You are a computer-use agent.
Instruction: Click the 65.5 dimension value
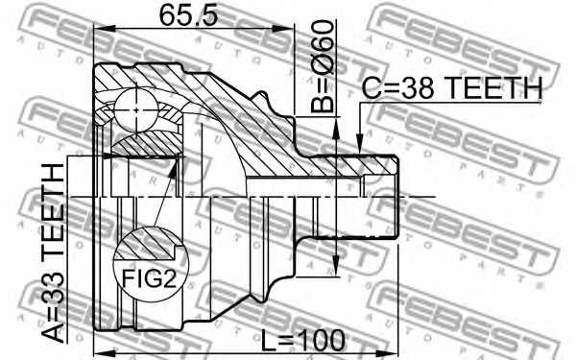[x=188, y=15]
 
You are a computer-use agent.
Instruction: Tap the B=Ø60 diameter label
[x=323, y=66]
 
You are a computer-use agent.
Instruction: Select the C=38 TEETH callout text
[x=452, y=87]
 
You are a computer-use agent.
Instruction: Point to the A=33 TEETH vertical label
[x=53, y=253]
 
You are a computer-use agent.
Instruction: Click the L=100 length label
[x=303, y=340]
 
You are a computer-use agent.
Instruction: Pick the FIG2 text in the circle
[x=149, y=278]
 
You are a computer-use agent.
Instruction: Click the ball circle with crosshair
[x=136, y=109]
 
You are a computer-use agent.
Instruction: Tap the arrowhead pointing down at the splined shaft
[x=360, y=144]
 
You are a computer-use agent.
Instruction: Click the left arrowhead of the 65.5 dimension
[x=105, y=28]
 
